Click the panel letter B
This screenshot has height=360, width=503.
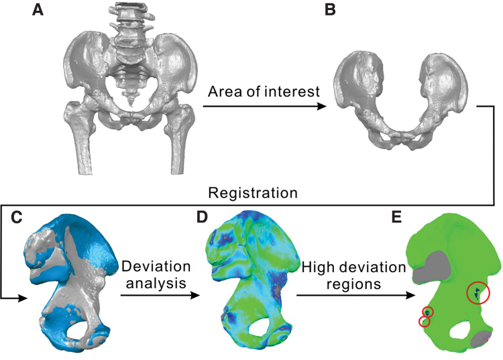pos(330,11)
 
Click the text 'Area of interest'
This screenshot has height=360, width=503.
pos(264,91)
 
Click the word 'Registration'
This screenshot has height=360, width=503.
pos(252,193)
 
